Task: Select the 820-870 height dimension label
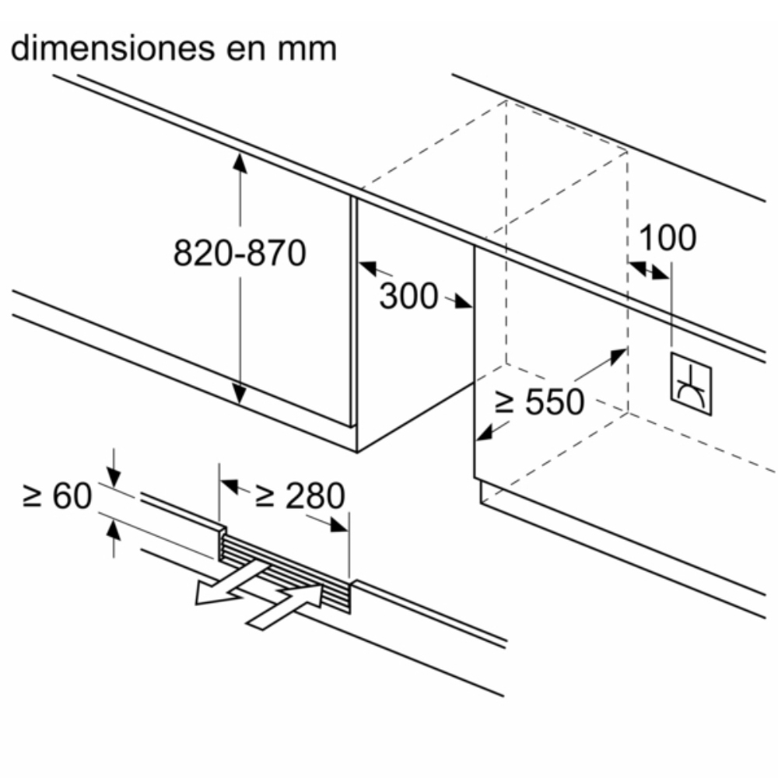pyautogui.click(x=240, y=254)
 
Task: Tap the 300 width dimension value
pyautogui.click(x=409, y=296)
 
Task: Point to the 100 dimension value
pyautogui.click(x=668, y=238)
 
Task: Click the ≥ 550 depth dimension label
pyautogui.click(x=540, y=401)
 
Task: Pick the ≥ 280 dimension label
pyautogui.click(x=300, y=496)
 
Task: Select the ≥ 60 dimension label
pyautogui.click(x=58, y=496)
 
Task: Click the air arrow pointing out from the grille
pyautogui.click(x=229, y=586)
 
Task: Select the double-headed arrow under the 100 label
pyautogui.click(x=649, y=270)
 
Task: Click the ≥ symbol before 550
pyautogui.click(x=505, y=402)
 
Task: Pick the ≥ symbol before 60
pyautogui.click(x=33, y=496)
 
